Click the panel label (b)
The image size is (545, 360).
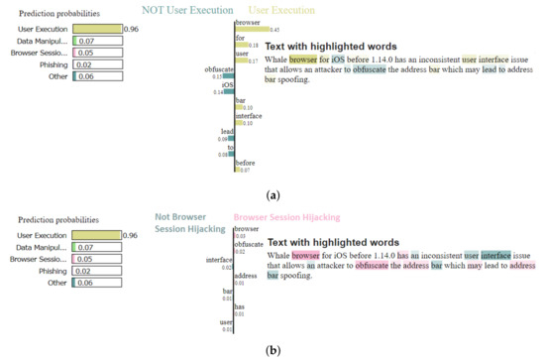271,350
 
